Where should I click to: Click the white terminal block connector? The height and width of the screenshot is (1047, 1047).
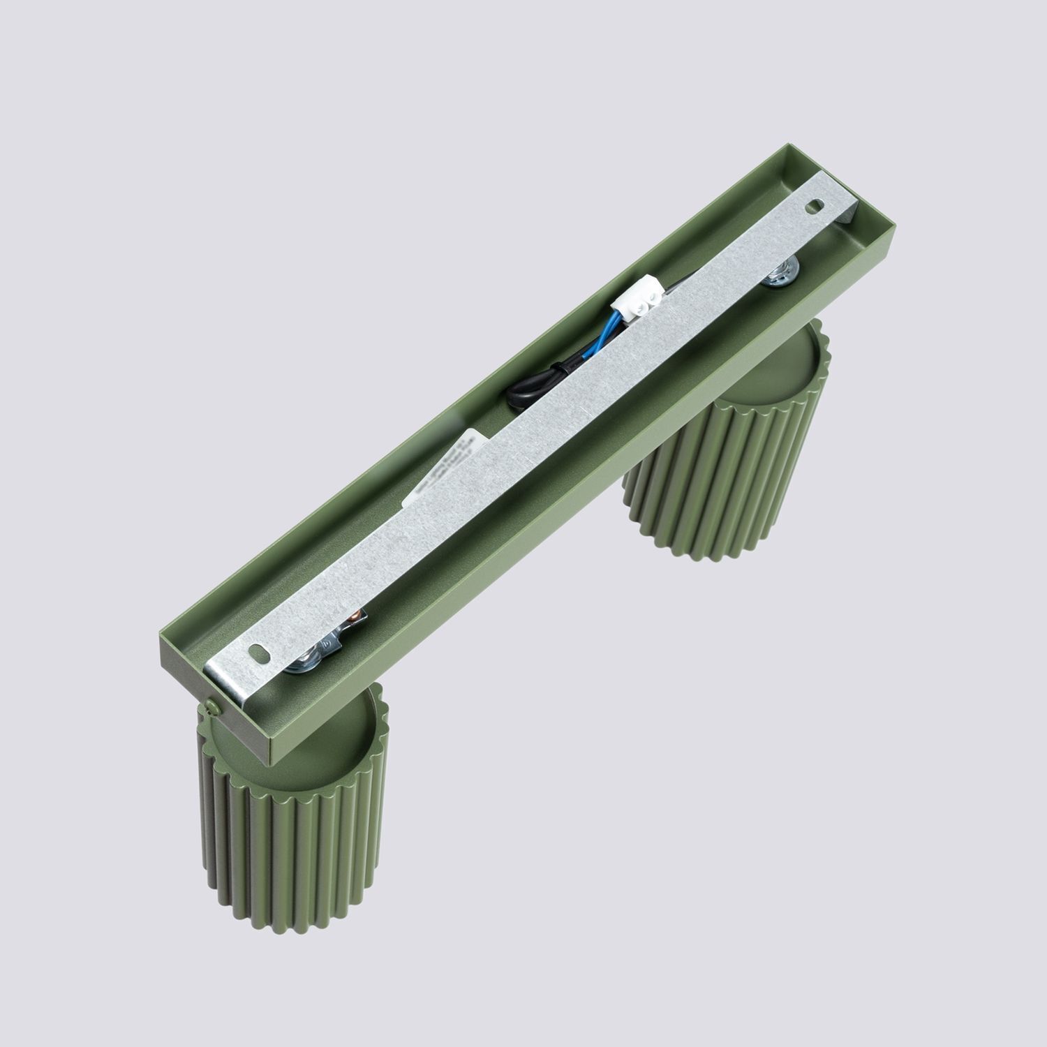click(637, 306)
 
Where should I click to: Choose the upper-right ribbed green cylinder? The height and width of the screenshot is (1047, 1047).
click(726, 454)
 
